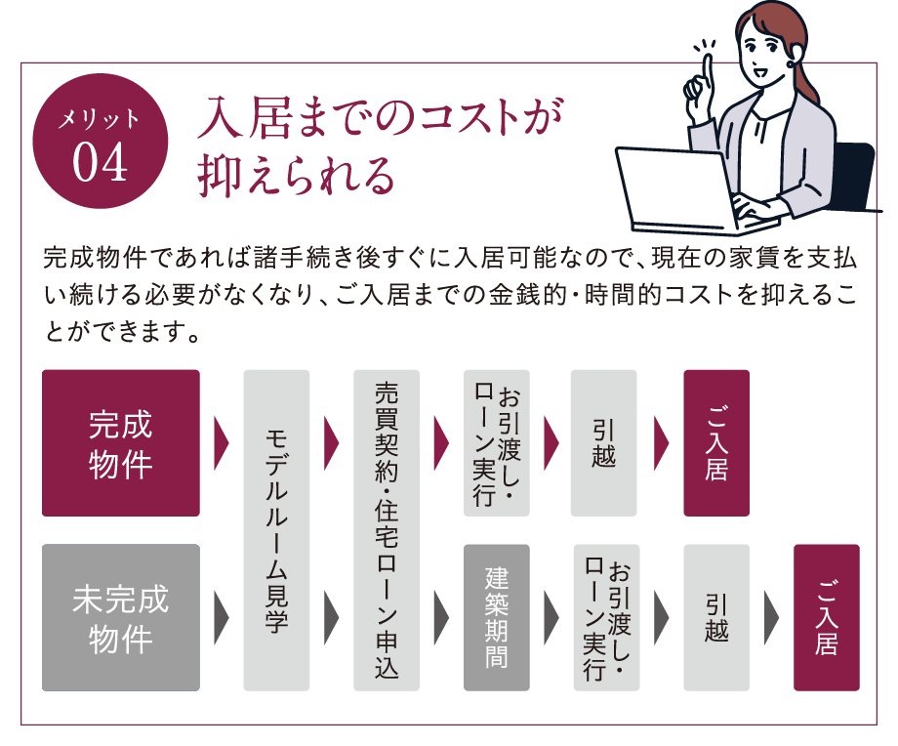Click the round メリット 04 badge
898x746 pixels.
[x=101, y=141]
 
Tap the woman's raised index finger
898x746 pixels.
[x=708, y=70]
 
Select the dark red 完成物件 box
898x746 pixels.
[x=121, y=443]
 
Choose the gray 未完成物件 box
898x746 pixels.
[x=121, y=618]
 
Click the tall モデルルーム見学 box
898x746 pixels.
[x=276, y=530]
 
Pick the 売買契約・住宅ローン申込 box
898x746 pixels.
[x=387, y=530]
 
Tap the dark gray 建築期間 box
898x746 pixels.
[x=497, y=618]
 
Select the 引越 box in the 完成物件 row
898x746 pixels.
[x=603, y=443]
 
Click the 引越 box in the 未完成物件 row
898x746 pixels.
[x=716, y=618]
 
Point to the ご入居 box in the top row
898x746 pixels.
[x=716, y=443]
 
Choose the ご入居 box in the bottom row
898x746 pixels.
[x=827, y=618]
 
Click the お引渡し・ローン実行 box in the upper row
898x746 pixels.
[x=497, y=443]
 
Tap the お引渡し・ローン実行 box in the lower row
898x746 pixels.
[x=606, y=618]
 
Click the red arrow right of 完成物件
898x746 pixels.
[x=221, y=443]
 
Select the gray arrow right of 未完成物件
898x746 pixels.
[x=221, y=618]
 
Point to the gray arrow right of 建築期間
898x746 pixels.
[x=551, y=618]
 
